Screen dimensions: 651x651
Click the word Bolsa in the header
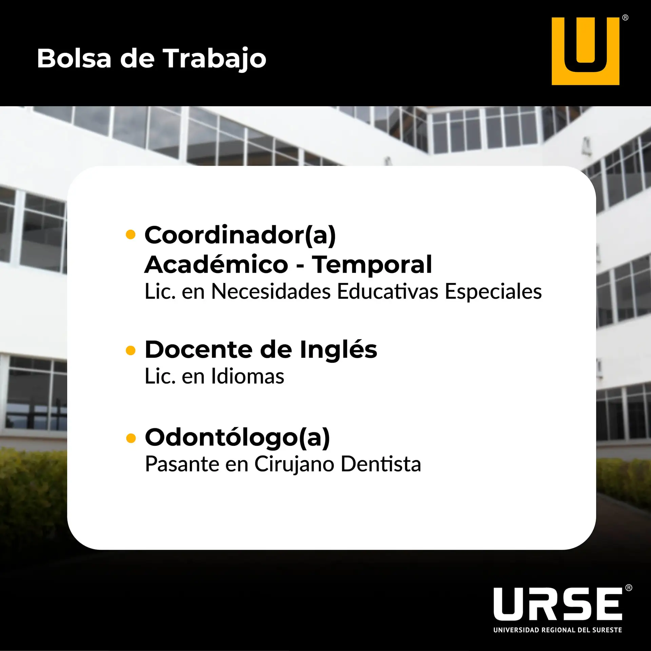click(x=74, y=58)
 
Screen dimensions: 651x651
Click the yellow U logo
click(x=585, y=51)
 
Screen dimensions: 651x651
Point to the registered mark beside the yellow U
click(x=625, y=18)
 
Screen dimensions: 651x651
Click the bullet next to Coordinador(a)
click(x=131, y=235)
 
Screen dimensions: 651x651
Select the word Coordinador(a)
click(x=240, y=235)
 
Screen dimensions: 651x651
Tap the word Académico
click(x=216, y=264)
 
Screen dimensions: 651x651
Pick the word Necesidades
click(x=271, y=291)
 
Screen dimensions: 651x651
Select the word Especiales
click(x=493, y=292)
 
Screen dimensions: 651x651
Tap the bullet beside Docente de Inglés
click(x=131, y=350)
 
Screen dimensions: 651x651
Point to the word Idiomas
click(x=248, y=376)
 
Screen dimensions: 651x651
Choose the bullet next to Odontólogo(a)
click(x=131, y=438)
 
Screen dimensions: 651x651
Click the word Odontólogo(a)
click(x=237, y=438)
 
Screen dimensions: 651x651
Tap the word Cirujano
click(x=294, y=465)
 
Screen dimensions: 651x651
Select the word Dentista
click(x=381, y=464)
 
